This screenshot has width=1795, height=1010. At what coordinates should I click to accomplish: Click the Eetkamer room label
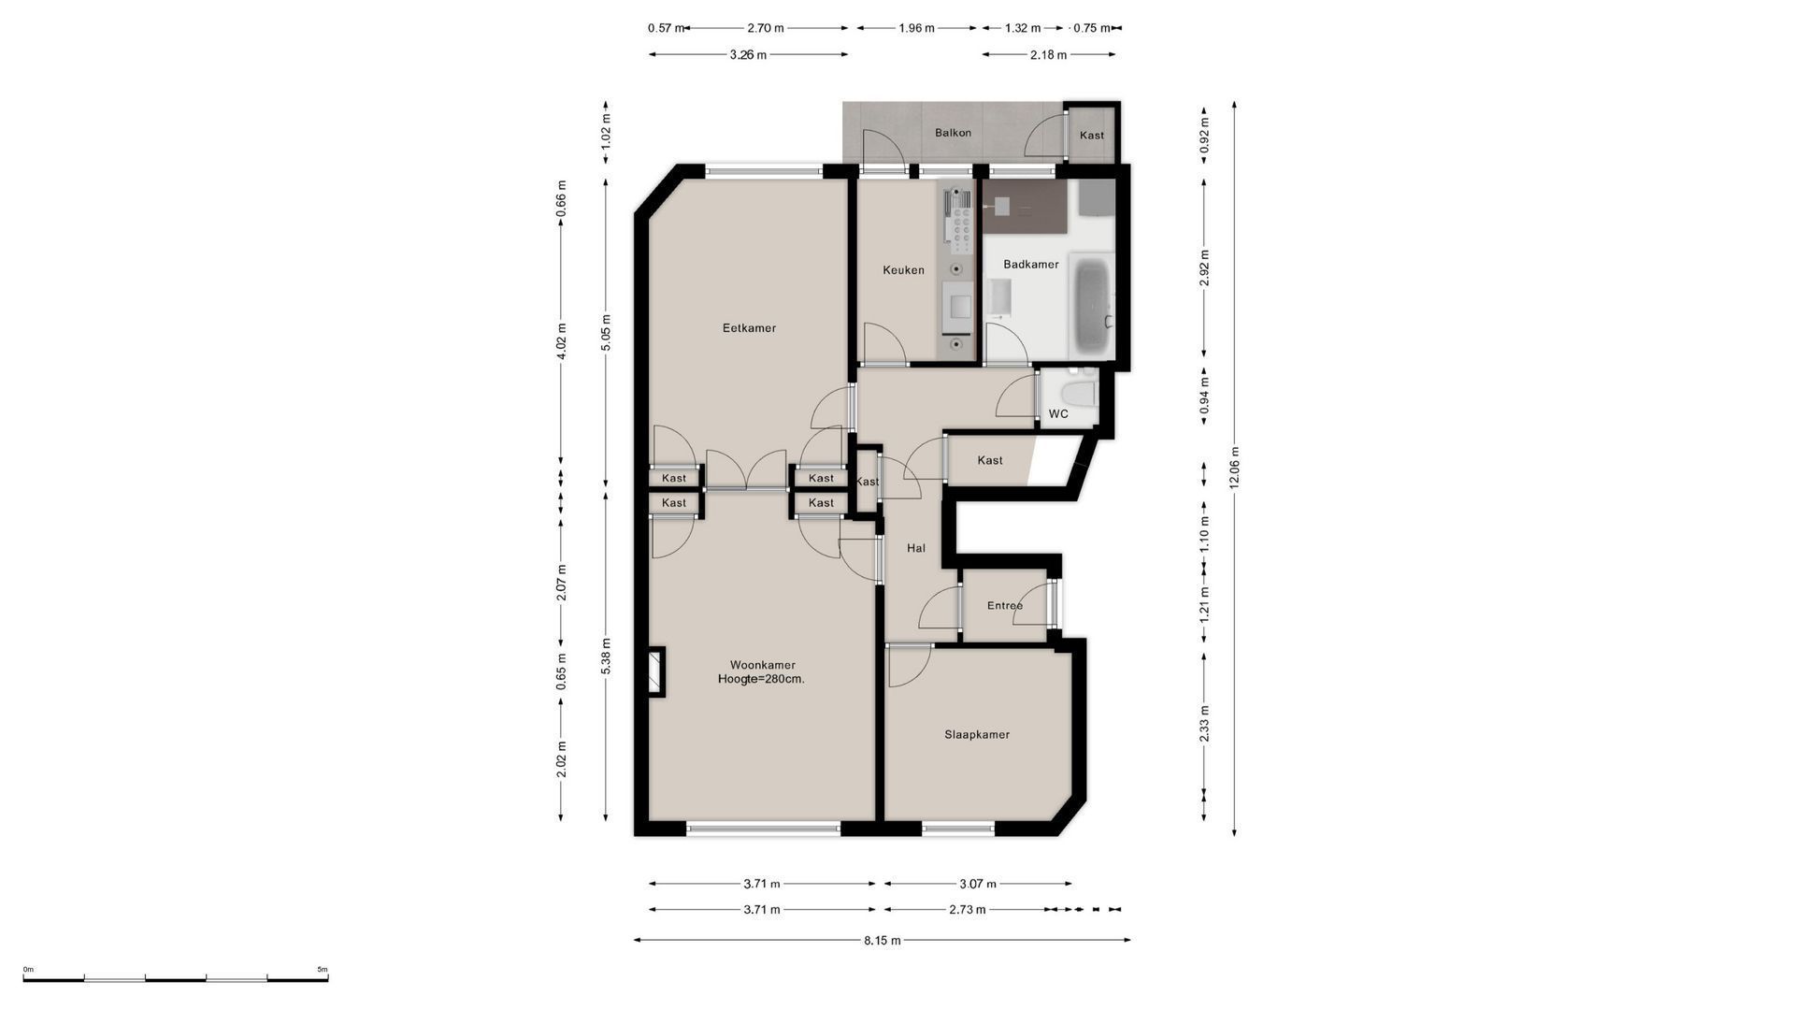749,328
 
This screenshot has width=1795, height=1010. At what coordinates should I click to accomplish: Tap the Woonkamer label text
763,665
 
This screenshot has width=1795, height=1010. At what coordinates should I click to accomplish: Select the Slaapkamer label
977,735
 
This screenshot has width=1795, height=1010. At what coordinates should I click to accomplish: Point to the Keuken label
903,270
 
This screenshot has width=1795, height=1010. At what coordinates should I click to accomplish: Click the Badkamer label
1031,265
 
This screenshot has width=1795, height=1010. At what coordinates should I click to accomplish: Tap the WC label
1058,413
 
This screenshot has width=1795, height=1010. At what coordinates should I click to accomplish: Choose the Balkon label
953,133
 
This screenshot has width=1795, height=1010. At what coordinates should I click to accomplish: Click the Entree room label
1005,606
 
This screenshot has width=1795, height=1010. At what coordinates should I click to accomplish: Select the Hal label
916,548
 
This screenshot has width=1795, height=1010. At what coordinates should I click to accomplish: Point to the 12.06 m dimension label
1234,467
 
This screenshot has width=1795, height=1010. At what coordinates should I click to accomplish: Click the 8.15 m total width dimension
882,941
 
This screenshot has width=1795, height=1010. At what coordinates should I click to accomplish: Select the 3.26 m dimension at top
748,55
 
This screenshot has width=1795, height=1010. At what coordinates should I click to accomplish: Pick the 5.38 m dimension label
606,656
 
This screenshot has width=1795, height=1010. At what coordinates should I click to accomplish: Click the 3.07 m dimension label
978,884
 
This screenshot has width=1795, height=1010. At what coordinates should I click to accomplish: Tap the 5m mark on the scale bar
323,970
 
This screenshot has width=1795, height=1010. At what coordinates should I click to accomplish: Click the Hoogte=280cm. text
761,680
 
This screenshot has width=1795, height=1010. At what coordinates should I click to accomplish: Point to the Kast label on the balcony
1092,136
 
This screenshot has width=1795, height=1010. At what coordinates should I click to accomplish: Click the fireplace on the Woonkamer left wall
656,671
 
